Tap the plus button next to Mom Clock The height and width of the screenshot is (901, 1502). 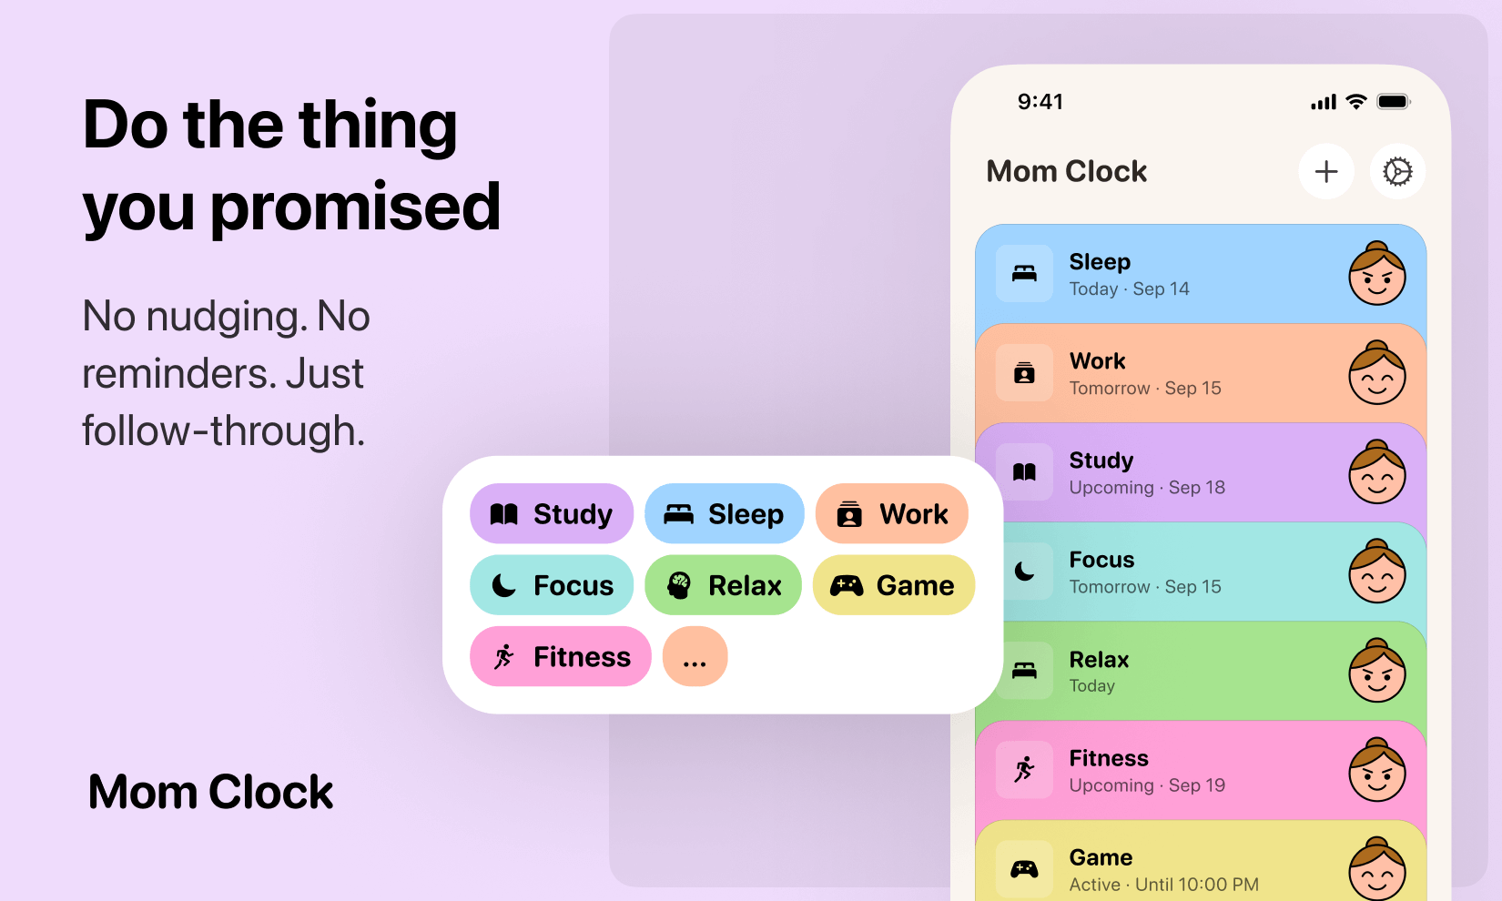coord(1326,171)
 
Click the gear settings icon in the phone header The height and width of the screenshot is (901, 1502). coord(1397,171)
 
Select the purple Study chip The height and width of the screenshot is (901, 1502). coord(551,514)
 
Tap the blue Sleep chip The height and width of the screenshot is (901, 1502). coord(724,514)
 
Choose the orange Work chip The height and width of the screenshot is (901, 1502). coord(891,514)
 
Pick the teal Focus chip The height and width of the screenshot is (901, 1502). coord(551,585)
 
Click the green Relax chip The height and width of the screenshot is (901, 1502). coord(723,585)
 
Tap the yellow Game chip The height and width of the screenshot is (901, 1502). coord(892,585)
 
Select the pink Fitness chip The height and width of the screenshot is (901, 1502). coord(560,656)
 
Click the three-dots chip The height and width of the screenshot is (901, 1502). coord(695,656)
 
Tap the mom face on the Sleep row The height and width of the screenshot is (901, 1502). coord(1376,274)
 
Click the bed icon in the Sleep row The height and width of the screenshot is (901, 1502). coord(1024,273)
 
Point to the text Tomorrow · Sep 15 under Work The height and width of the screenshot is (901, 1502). coord(1145,389)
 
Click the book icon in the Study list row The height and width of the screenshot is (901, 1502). coord(1024,471)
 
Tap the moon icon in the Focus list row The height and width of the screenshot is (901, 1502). coord(1024,572)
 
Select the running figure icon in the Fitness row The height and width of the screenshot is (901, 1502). coord(1024,770)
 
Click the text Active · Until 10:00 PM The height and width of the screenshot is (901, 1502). coord(1163,885)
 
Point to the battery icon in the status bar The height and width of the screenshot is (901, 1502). coord(1393,102)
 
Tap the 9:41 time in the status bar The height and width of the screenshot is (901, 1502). coord(1040,102)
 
